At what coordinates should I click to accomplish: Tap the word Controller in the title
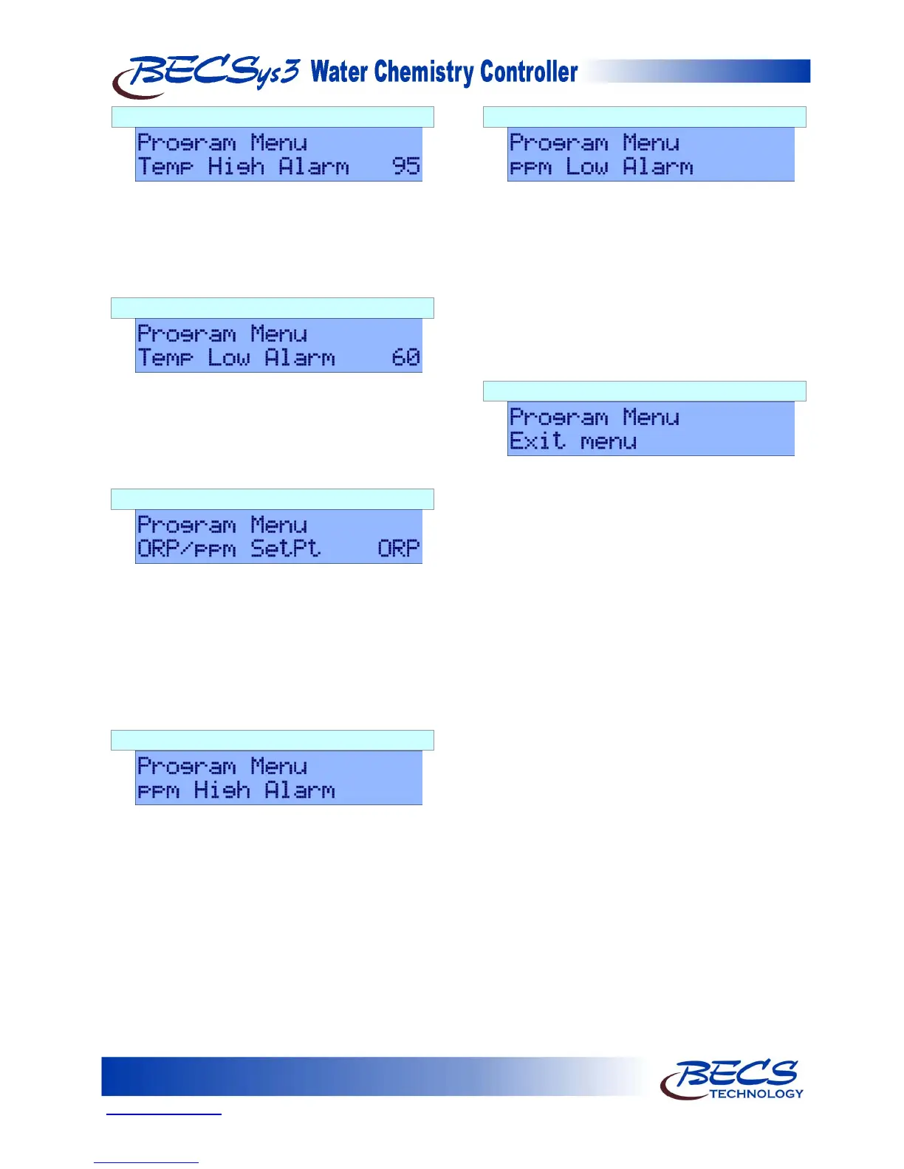[529, 72]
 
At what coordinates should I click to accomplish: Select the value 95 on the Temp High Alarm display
[405, 166]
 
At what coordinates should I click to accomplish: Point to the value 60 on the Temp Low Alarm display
[405, 357]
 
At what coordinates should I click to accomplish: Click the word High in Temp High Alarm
[236, 167]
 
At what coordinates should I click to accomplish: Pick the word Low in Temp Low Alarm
[228, 358]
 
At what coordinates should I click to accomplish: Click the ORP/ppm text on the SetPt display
[187, 549]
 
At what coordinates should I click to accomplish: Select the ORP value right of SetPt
[398, 548]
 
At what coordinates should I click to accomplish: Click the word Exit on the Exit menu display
[537, 441]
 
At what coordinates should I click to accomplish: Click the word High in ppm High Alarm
[222, 790]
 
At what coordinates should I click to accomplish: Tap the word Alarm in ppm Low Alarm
[658, 167]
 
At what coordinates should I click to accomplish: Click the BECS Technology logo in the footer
[730, 1079]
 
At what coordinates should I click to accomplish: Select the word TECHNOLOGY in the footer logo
[756, 1094]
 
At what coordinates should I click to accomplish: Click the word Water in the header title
[339, 72]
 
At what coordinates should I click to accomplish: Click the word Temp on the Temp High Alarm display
[165, 168]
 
